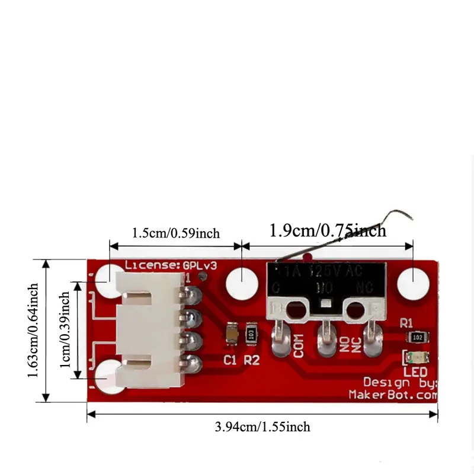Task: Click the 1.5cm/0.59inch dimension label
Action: [175, 233]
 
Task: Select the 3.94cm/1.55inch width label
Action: [262, 427]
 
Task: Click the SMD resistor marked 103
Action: [252, 335]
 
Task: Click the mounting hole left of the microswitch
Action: [241, 280]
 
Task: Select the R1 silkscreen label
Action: [406, 324]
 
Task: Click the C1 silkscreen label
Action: [230, 359]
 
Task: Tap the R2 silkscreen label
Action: [252, 359]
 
